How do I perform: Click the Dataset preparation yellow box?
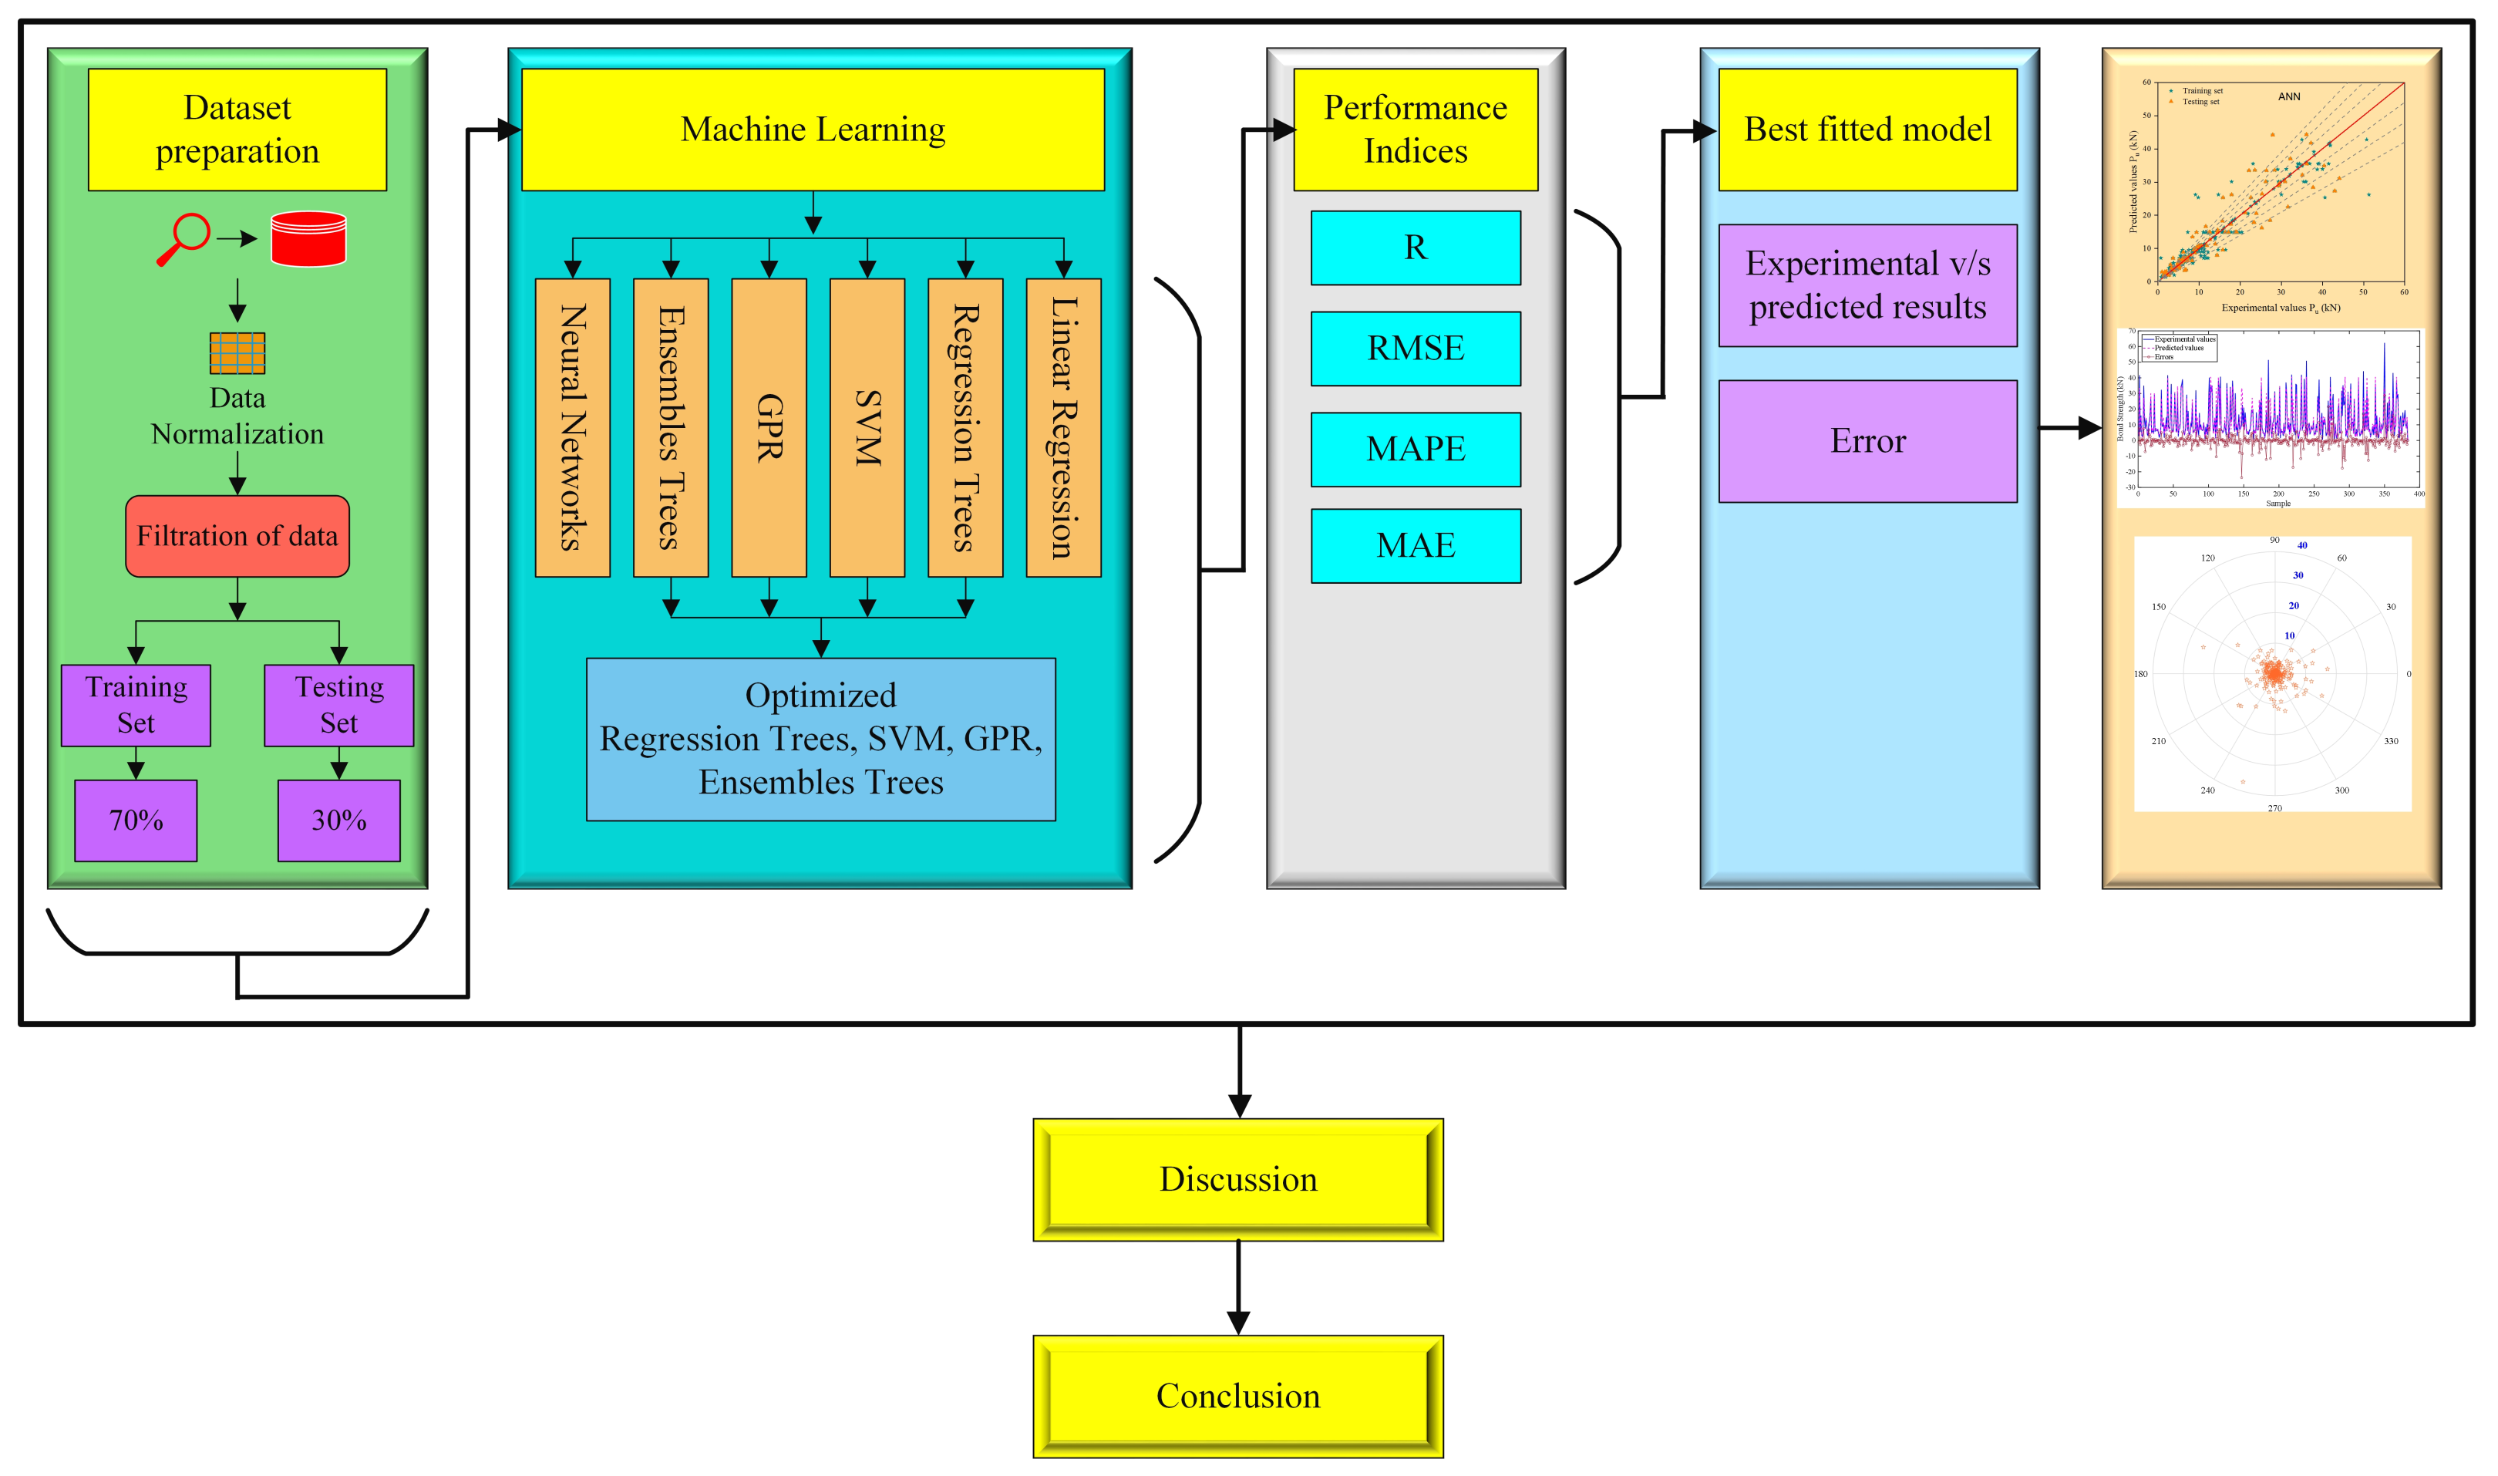[x=237, y=130]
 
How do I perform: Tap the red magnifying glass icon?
[x=185, y=239]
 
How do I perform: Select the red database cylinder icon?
[x=308, y=239]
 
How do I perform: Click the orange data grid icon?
[x=237, y=352]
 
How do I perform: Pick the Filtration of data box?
[x=237, y=536]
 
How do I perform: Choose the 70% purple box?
[x=136, y=821]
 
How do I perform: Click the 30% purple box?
[x=339, y=821]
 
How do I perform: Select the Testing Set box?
[x=339, y=704]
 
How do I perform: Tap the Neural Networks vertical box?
[x=572, y=428]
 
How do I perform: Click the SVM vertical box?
[x=867, y=428]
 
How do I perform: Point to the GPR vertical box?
[x=769, y=428]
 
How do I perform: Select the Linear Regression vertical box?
[x=1063, y=428]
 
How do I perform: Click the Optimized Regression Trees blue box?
[x=820, y=739]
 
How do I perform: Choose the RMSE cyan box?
[x=1415, y=348]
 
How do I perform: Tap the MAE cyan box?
[x=1415, y=545]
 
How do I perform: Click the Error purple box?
[x=1867, y=440]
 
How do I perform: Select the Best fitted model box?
[x=1867, y=130]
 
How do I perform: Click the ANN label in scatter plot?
[x=2288, y=96]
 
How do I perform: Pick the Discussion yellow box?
[x=1238, y=1180]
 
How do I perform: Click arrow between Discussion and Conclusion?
[x=1238, y=1288]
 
